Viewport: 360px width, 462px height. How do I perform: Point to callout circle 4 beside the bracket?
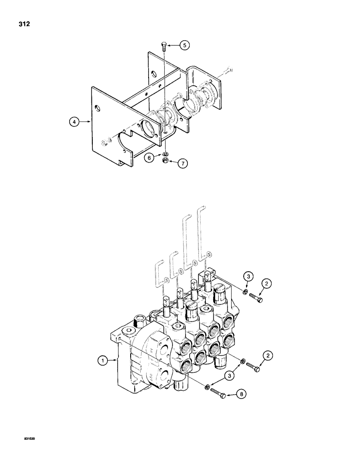point(72,122)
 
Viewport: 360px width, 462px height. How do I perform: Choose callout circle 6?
point(149,158)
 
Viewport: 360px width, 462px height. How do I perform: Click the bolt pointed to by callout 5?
point(164,46)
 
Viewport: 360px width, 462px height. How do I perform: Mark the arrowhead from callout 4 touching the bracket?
point(90,122)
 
